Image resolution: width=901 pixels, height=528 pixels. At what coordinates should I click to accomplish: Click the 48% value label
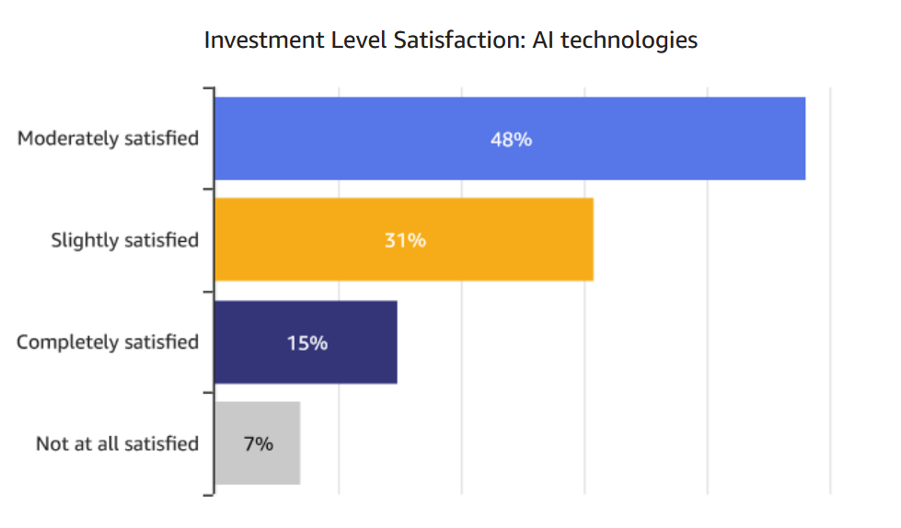[511, 140]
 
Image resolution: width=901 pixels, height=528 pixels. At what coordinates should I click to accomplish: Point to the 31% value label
[405, 241]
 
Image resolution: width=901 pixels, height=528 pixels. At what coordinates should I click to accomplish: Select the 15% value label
[306, 343]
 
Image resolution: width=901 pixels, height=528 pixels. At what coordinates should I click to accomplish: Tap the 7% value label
[259, 444]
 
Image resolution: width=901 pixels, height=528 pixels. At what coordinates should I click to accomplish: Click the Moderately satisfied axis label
[109, 139]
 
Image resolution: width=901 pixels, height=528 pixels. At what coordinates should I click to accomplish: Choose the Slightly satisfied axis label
[125, 241]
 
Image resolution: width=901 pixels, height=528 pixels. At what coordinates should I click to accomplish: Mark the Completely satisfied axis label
[108, 342]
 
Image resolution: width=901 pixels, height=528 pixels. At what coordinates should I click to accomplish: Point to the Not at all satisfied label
[117, 444]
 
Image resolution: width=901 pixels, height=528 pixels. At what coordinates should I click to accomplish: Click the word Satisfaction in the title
[467, 41]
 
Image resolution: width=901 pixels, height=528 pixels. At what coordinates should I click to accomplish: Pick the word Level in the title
[344, 41]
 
